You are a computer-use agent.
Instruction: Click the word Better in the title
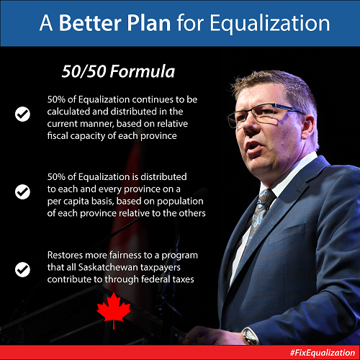click(91, 23)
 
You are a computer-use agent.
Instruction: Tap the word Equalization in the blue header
click(270, 24)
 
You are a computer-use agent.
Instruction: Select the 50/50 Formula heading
click(118, 71)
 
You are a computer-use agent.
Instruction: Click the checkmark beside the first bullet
click(22, 114)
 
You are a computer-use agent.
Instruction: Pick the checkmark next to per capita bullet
click(22, 192)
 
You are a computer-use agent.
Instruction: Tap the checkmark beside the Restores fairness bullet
click(22, 269)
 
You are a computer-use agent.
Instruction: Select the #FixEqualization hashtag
click(323, 353)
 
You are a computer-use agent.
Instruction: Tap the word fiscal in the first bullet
click(58, 135)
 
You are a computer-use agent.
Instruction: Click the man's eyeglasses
click(264, 114)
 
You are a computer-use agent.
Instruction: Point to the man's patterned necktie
click(261, 211)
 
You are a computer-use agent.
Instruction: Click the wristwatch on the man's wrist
click(250, 336)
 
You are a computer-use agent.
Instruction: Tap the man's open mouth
click(253, 147)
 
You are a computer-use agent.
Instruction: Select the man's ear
click(309, 127)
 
